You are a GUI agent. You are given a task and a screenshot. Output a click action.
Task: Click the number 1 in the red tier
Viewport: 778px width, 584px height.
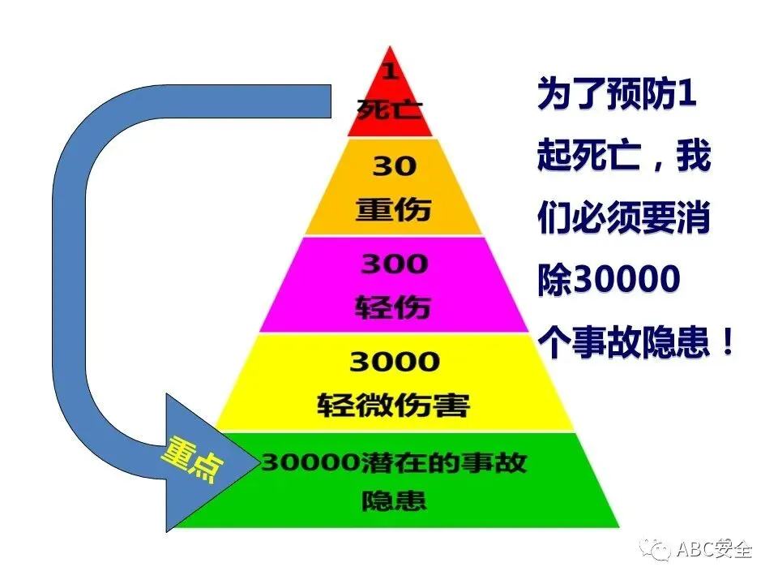(391, 71)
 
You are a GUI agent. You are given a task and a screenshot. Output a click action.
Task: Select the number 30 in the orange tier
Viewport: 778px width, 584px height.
(394, 166)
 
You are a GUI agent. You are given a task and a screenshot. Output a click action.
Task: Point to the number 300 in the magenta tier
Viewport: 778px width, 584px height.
(394, 264)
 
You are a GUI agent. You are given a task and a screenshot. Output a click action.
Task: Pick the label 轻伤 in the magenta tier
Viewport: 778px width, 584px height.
(394, 307)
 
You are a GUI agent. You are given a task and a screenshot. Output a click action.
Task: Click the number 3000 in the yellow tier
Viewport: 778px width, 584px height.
(394, 361)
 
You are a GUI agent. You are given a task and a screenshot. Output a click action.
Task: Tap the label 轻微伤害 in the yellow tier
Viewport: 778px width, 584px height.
(394, 404)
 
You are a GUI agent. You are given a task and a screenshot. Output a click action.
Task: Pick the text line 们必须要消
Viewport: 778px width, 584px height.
(623, 220)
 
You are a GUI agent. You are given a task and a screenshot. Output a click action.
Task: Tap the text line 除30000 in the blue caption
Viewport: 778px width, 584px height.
(608, 281)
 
